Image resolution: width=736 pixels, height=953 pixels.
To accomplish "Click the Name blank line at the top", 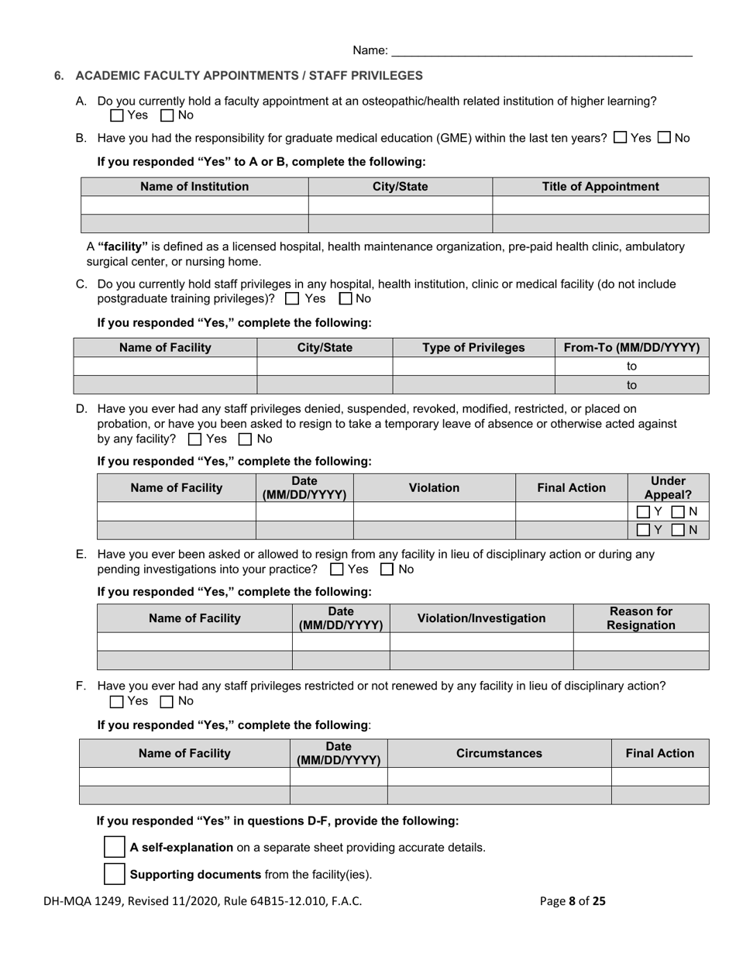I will (542, 51).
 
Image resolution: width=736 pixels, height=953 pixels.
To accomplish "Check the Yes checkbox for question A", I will (117, 115).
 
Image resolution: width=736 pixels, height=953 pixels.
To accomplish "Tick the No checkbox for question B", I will (664, 138).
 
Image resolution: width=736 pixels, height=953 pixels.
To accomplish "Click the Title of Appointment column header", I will (600, 187).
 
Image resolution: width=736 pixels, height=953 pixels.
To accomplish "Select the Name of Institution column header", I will (194, 187).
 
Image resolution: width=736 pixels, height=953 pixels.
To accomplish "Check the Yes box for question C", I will (292, 298).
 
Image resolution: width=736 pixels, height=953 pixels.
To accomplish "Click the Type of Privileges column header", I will (473, 348).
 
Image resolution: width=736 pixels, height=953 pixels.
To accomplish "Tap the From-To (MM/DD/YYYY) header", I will (631, 348).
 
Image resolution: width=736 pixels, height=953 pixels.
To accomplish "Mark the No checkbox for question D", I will (245, 439).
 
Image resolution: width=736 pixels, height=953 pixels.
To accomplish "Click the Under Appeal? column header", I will (668, 487).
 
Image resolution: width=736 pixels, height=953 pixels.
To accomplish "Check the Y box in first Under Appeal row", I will (643, 511).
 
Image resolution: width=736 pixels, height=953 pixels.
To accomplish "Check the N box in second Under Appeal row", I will (678, 530).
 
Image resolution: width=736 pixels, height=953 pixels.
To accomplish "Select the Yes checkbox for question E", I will (337, 569).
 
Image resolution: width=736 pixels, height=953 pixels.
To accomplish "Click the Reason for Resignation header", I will (641, 618).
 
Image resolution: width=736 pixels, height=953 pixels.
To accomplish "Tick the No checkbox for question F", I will (166, 702).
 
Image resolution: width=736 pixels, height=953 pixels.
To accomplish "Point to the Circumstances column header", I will (499, 753).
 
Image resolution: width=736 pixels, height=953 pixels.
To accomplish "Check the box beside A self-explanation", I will (114, 847).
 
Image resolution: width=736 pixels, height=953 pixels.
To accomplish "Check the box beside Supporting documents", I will (114, 874).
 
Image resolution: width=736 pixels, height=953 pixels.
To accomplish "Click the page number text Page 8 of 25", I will (573, 901).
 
